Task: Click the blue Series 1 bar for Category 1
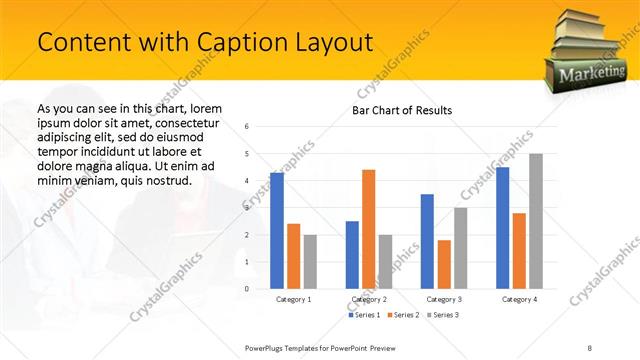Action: pos(277,231)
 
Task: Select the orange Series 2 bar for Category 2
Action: pos(368,229)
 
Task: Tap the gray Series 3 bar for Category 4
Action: pos(536,221)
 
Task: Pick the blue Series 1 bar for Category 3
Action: pos(427,241)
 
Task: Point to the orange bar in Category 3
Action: pos(444,264)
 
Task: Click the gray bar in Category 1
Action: pos(310,262)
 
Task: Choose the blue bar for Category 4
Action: pos(502,228)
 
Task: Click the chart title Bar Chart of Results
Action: pos(402,110)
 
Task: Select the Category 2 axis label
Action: pos(369,299)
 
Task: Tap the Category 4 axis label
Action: pos(519,299)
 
